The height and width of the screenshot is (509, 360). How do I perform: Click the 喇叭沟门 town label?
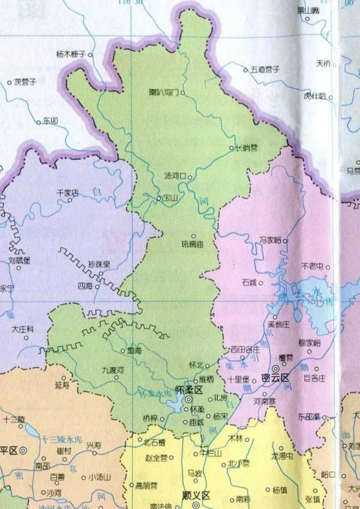[163, 93]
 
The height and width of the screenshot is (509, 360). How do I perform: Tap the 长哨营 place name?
[246, 147]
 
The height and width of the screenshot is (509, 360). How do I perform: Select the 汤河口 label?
[175, 176]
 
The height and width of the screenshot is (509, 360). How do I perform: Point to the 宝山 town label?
[170, 198]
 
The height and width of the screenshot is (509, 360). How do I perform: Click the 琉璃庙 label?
[193, 244]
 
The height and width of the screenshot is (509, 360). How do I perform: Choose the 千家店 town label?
[68, 192]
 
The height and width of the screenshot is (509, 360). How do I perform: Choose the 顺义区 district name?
[197, 496]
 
